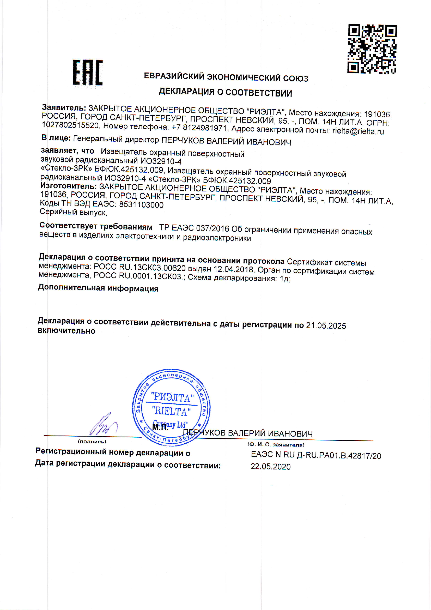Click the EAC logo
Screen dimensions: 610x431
click(x=88, y=72)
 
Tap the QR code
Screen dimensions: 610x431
click(x=372, y=49)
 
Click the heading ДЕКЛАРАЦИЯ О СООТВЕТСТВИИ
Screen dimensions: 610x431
click(x=226, y=92)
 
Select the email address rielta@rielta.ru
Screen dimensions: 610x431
click(x=358, y=131)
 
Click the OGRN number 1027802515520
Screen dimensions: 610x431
click(x=70, y=125)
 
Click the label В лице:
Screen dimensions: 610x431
click(x=56, y=138)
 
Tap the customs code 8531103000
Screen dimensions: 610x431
click(x=141, y=204)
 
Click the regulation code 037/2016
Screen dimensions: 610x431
click(x=213, y=228)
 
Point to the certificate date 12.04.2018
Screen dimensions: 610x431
click(x=233, y=269)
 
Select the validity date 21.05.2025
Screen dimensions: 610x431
click(x=326, y=326)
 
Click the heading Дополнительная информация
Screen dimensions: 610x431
click(x=98, y=288)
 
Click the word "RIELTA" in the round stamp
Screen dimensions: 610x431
click(x=171, y=412)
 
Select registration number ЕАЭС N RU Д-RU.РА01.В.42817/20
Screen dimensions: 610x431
click(x=316, y=455)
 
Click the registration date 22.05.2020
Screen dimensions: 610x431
click(x=271, y=467)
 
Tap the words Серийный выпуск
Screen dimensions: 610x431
click(x=73, y=212)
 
